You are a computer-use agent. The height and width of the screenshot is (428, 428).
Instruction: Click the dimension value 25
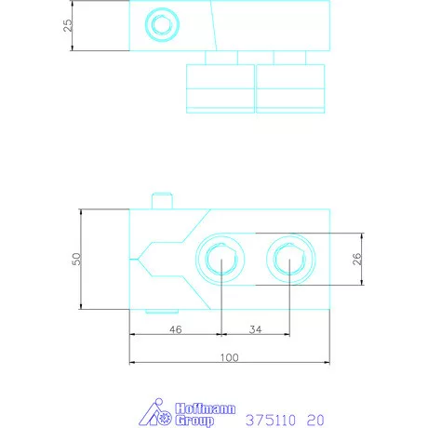pyautogui.click(x=68, y=25)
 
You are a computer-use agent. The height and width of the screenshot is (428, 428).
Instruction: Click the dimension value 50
pyautogui.click(x=76, y=259)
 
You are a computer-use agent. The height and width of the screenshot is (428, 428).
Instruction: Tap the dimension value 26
pyautogui.click(x=357, y=259)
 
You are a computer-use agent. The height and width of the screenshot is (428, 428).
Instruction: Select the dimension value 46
pyautogui.click(x=176, y=329)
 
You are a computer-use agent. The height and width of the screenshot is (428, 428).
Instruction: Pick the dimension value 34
pyautogui.click(x=255, y=329)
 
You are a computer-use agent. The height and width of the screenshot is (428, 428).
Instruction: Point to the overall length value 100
pyautogui.click(x=229, y=357)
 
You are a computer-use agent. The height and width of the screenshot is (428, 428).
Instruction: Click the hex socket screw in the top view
pyautogui.click(x=162, y=25)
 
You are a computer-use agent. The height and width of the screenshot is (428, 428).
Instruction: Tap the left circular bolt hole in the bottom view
pyautogui.click(x=221, y=259)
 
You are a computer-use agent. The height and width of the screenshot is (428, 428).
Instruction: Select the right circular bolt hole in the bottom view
pyautogui.click(x=290, y=259)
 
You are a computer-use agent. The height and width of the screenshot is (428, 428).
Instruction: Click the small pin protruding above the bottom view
pyautogui.click(x=162, y=201)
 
